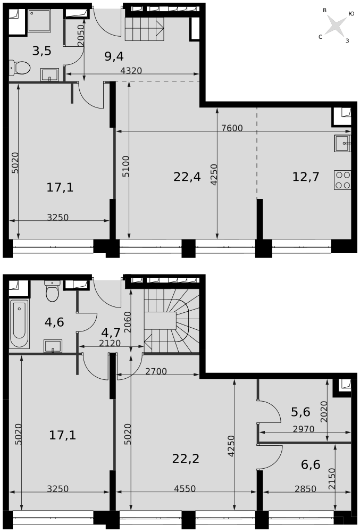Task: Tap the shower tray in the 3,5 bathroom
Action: tap(39, 21)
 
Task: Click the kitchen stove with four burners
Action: tap(342, 180)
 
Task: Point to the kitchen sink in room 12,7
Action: tap(342, 144)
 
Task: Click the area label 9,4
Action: tap(114, 56)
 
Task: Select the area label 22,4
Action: tap(187, 177)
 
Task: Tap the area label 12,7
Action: tap(306, 177)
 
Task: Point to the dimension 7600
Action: tap(231, 128)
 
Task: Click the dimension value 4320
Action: tap(131, 71)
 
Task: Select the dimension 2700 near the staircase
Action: tap(156, 371)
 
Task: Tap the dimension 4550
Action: tap(185, 489)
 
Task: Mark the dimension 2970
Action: tap(303, 429)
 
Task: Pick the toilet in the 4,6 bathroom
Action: tap(52, 291)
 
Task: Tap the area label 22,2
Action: tap(186, 458)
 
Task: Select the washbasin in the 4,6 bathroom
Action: tap(53, 346)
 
